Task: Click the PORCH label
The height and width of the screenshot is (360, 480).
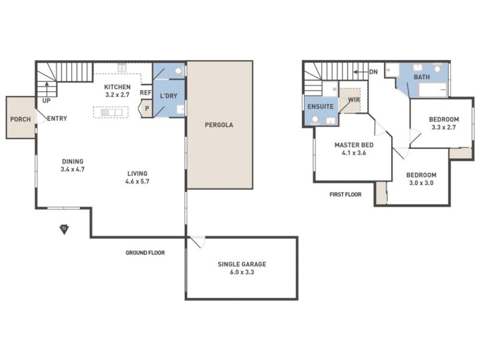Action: click(20, 118)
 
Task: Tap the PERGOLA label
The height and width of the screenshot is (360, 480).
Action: click(218, 125)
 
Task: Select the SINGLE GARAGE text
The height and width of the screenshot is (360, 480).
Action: click(242, 264)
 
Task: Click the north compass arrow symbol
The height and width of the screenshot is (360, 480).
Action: click(64, 229)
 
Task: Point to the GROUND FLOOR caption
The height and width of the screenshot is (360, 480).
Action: click(145, 253)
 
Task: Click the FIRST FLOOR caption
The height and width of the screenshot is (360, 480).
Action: click(345, 194)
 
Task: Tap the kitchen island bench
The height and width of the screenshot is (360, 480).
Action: click(111, 112)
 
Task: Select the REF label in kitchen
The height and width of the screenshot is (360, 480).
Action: click(145, 93)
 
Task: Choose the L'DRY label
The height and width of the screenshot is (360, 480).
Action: click(168, 96)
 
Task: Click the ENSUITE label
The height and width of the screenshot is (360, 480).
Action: click(320, 106)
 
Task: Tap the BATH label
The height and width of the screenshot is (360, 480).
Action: click(422, 77)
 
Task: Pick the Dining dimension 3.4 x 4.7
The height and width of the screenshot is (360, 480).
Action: click(72, 169)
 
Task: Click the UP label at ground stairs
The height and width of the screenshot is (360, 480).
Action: click(46, 101)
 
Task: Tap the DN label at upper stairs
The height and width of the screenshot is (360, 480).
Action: click(373, 72)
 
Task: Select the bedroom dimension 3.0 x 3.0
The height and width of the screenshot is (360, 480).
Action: click(421, 183)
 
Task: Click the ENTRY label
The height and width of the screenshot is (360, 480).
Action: click(56, 118)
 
